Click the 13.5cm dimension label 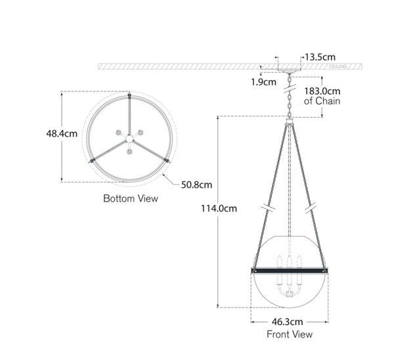click(x=320, y=56)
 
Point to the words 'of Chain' click(x=322, y=102)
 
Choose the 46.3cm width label click(x=289, y=323)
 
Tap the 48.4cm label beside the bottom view click(x=62, y=133)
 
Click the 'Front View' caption click(x=289, y=334)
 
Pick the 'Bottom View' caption click(x=131, y=198)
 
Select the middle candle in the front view click(x=289, y=261)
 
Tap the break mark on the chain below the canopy click(x=289, y=86)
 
